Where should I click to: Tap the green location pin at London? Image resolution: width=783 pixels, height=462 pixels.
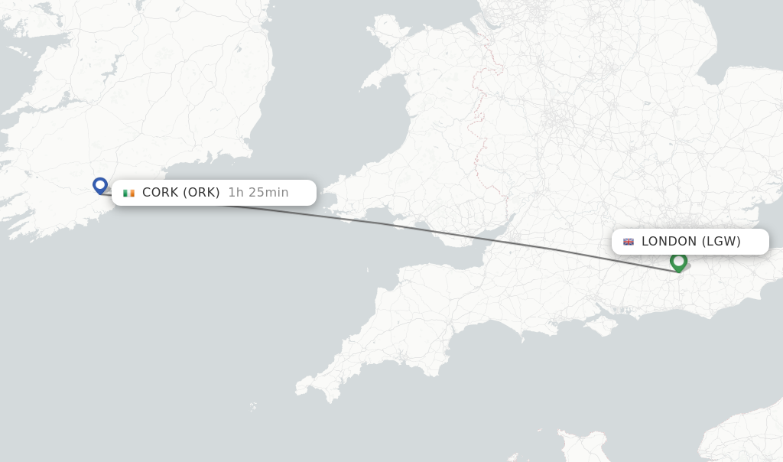pos(678,262)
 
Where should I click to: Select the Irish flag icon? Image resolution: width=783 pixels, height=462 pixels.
pos(128,193)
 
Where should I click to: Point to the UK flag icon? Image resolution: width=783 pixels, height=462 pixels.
pos(629,242)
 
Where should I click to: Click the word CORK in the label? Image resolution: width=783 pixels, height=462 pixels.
pos(160,193)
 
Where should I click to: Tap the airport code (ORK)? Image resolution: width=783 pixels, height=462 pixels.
pos(201,193)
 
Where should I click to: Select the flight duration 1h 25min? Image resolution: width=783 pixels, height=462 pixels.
pos(258,193)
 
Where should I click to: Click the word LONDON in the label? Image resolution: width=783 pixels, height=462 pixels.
pos(669,242)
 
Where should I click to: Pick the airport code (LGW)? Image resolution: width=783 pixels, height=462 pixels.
pos(721,242)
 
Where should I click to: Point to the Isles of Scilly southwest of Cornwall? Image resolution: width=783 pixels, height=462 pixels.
pos(253,407)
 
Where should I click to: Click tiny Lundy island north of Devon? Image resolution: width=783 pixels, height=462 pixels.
pos(368,270)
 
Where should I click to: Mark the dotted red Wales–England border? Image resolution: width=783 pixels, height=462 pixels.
pos(478,115)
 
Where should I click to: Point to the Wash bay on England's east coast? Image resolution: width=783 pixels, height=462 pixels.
pos(711,76)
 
